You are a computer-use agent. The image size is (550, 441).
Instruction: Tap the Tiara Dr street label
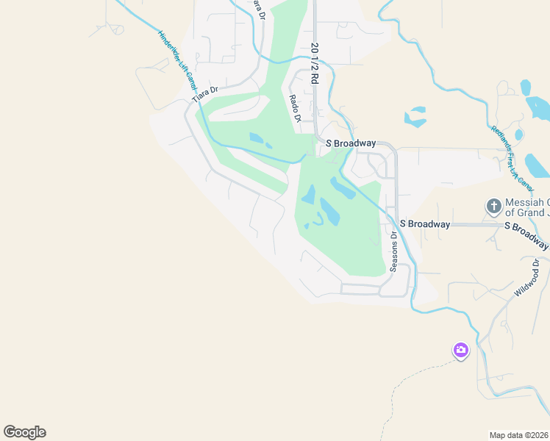pyautogui.click(x=205, y=95)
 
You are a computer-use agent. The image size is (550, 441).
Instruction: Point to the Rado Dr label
pyautogui.click(x=295, y=108)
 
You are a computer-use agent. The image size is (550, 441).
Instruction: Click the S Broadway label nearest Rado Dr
pyautogui.click(x=351, y=143)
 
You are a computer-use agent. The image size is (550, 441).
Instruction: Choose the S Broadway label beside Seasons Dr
pyautogui.click(x=424, y=223)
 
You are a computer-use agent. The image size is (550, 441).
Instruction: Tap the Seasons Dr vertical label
pyautogui.click(x=393, y=252)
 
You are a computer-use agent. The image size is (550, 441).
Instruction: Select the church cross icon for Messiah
pyautogui.click(x=494, y=207)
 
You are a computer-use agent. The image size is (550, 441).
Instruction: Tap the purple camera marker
pyautogui.click(x=461, y=351)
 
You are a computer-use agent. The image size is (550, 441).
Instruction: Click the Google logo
pyautogui.click(x=24, y=431)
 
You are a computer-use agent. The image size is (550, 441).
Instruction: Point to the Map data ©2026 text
pyautogui.click(x=518, y=434)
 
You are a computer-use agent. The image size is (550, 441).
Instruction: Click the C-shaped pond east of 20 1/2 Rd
pyautogui.click(x=415, y=117)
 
